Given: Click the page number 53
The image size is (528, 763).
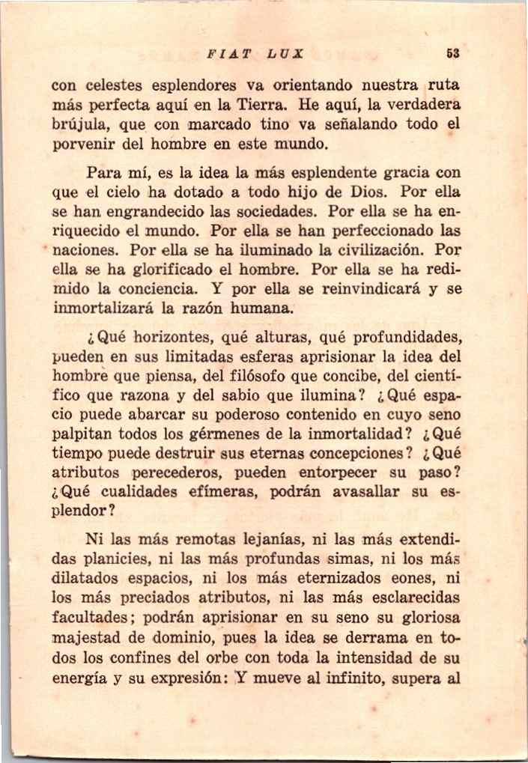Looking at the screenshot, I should (452, 54).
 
